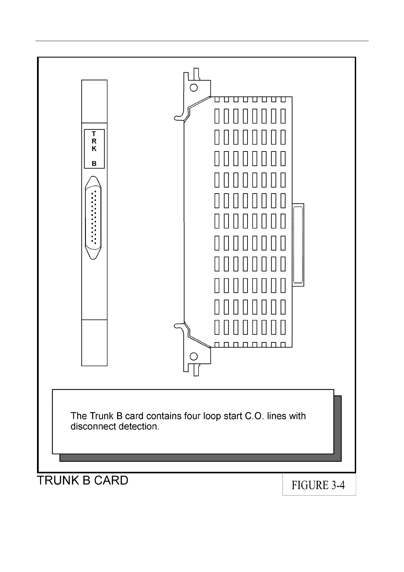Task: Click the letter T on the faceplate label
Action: coord(94,134)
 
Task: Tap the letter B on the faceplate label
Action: coord(94,163)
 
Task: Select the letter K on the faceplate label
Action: coord(94,149)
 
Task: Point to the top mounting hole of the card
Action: coord(194,88)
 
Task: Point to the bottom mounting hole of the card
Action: coord(194,356)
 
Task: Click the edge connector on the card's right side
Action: coord(298,245)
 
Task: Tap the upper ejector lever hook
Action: coord(178,118)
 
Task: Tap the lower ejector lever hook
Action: coord(178,326)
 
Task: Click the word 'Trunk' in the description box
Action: coord(102,416)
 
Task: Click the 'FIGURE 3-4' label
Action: coord(318,485)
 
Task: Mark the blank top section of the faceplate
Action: coord(94,101)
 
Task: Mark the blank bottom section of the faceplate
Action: coord(94,342)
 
